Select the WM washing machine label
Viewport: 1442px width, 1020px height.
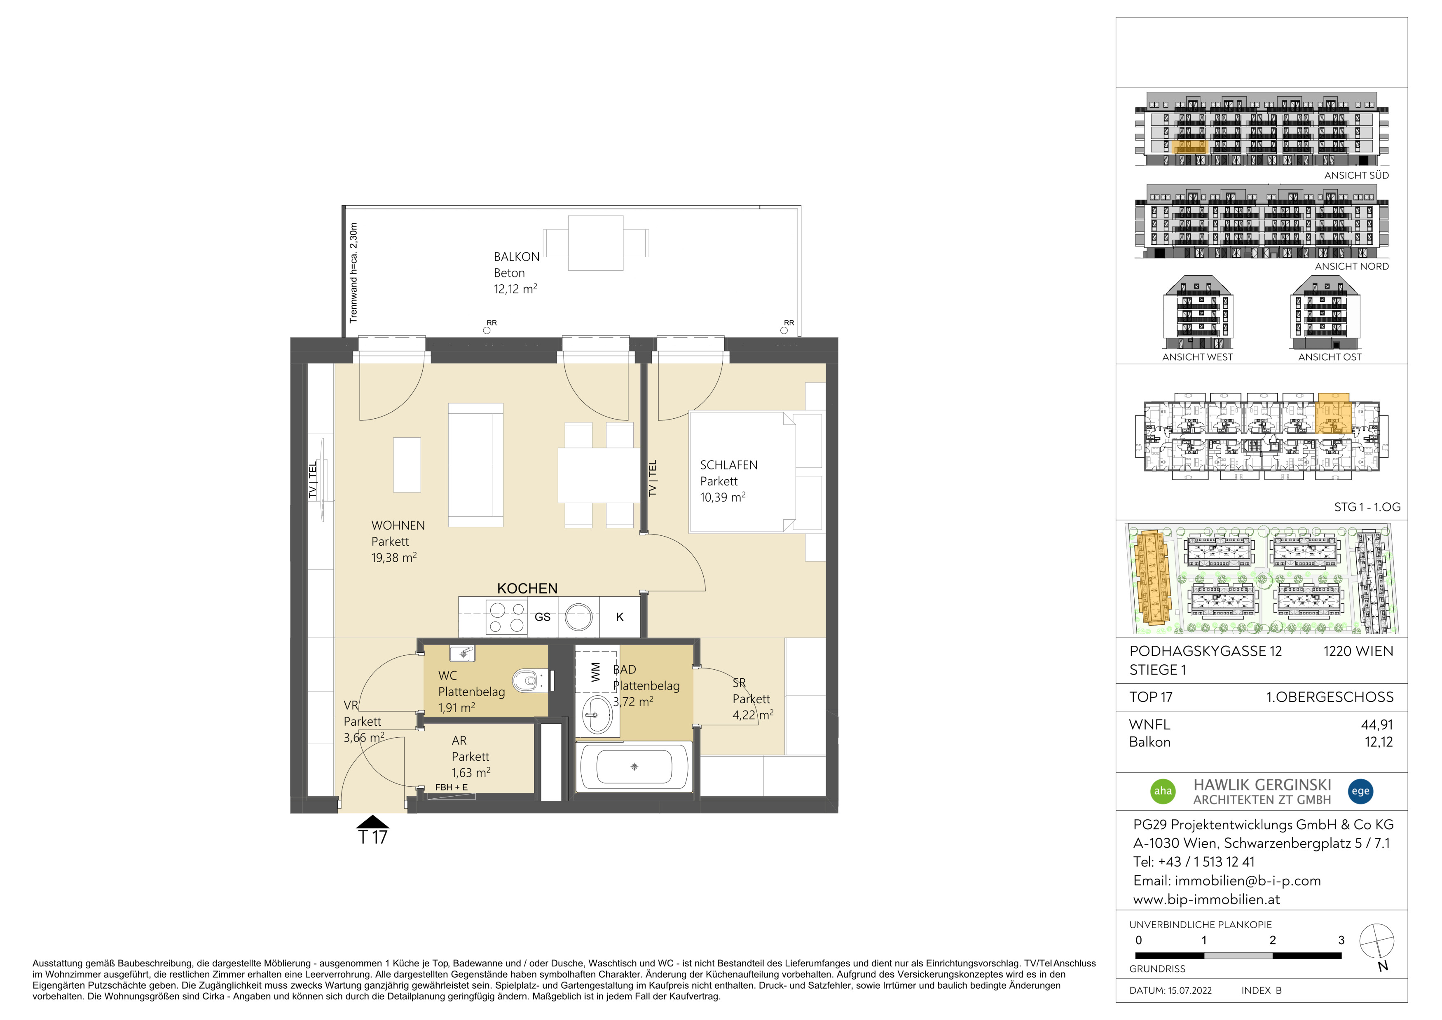[595, 673]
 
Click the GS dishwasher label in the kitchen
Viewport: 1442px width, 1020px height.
[543, 617]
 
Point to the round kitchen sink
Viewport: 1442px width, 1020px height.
[578, 617]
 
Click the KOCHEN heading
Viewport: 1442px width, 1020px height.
[527, 589]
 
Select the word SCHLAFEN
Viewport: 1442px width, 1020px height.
[728, 465]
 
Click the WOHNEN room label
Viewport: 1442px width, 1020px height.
[398, 526]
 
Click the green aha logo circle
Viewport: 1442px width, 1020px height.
[1163, 791]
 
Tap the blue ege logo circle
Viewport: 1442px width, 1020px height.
[1360, 791]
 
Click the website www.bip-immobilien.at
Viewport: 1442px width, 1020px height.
[1206, 899]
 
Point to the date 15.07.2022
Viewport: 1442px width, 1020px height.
[1190, 990]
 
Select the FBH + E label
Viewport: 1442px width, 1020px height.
[452, 787]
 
